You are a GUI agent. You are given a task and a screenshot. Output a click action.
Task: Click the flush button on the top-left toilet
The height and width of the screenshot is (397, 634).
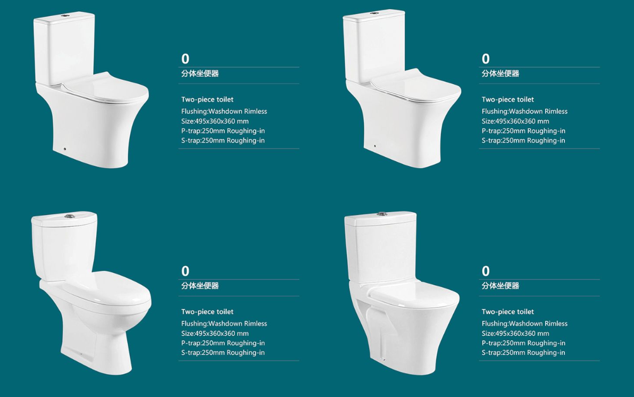click(x=63, y=16)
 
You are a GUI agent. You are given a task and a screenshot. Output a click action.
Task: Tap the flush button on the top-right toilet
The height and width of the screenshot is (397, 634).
click(x=374, y=13)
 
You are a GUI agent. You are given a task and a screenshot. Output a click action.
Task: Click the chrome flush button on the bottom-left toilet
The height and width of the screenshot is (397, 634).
click(x=70, y=216)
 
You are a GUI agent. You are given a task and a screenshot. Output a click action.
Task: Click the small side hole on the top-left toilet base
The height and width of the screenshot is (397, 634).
click(x=65, y=149)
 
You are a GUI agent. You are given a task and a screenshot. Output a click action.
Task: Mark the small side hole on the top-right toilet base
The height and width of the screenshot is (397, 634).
click(x=375, y=146)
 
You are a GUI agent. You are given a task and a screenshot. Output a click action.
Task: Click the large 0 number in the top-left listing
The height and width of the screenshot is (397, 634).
click(x=185, y=59)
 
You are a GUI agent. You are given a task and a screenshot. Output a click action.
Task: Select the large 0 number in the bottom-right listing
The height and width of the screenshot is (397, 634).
click(x=486, y=271)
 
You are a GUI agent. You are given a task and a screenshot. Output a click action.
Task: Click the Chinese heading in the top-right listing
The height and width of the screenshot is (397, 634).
click(x=500, y=73)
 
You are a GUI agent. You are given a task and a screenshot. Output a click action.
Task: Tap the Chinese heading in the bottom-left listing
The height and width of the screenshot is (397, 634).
click(x=200, y=286)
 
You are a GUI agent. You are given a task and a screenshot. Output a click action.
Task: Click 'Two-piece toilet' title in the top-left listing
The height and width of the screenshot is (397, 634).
click(x=207, y=100)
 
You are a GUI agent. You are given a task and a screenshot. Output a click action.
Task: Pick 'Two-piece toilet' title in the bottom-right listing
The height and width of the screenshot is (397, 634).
click(x=507, y=312)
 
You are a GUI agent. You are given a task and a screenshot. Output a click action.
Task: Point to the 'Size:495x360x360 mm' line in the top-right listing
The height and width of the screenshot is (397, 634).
click(x=515, y=121)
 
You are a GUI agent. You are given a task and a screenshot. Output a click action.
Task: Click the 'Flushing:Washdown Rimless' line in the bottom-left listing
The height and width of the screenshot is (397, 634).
click(x=224, y=324)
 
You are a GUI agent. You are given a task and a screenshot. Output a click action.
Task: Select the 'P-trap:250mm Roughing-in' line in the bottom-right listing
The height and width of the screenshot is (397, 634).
click(x=523, y=343)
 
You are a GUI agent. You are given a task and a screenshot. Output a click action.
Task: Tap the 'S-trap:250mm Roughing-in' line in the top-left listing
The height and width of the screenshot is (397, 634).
click(x=223, y=140)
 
